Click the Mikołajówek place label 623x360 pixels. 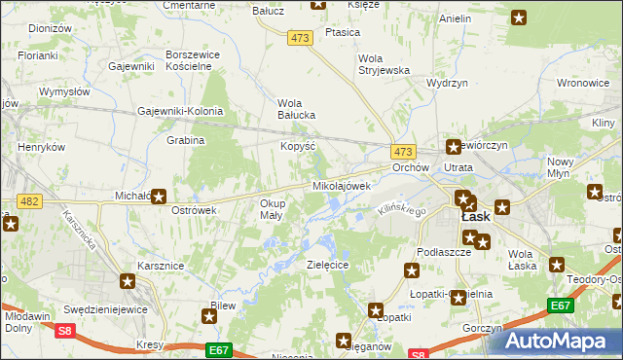[342, 185]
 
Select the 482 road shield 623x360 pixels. [29, 201]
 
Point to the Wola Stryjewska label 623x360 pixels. [385, 64]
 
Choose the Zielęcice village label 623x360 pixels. [328, 265]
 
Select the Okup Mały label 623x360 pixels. [272, 209]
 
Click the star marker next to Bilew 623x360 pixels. [209, 314]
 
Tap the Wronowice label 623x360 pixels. [584, 84]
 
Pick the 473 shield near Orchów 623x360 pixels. [403, 152]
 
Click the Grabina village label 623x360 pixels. [185, 140]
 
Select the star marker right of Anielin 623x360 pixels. [519, 17]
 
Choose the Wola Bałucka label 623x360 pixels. [296, 109]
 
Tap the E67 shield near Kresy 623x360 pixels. [218, 347]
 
